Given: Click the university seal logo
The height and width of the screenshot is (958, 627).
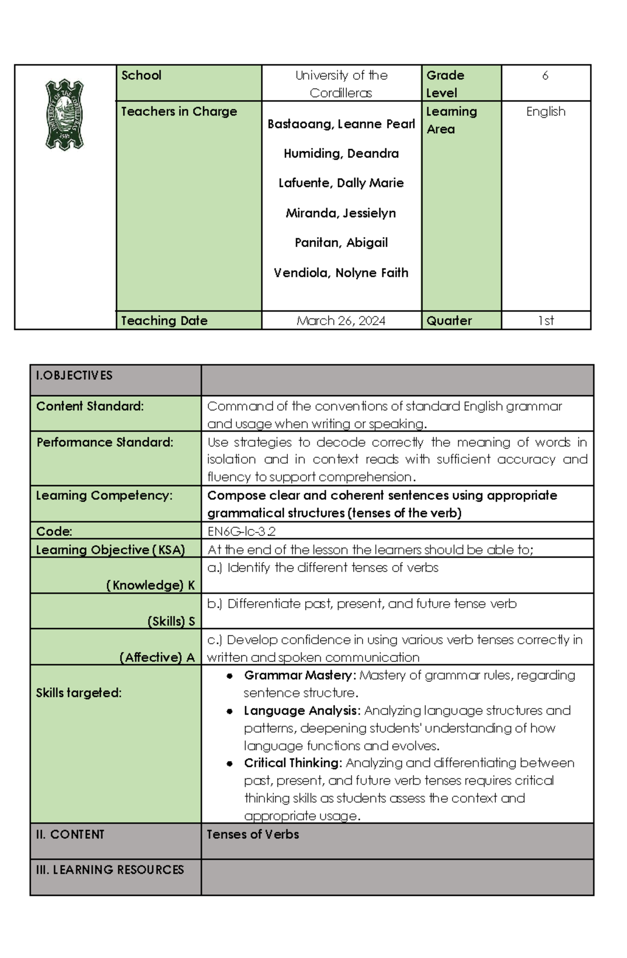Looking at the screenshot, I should pos(64,114).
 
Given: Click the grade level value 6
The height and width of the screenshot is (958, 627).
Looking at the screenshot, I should pos(545,76).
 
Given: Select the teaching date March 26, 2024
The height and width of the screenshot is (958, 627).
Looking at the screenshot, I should pos(341,321).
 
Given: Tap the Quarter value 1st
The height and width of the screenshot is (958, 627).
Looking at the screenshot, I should pos(545,321).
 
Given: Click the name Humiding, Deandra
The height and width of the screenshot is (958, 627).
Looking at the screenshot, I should pos(341,153).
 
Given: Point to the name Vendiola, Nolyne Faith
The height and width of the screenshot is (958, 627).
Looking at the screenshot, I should pos(341,273).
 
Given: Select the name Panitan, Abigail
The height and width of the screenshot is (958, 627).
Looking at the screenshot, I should pos(341,243).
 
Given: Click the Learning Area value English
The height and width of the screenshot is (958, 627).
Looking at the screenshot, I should pos(545,112).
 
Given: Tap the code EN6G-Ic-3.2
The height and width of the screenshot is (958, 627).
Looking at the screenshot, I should pos(241,531).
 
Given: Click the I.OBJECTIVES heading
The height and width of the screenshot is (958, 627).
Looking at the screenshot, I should pos(74,375).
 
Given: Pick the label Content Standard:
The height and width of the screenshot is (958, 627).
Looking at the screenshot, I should pos(89,406).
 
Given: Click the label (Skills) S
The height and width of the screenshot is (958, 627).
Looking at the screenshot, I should pos(171,621).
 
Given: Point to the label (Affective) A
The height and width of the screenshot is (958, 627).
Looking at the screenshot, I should pos(157,657).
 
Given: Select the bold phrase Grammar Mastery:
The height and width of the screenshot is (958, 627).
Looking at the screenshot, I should pos(300,676).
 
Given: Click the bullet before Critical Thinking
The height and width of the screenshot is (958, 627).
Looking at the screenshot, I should pos(229,763).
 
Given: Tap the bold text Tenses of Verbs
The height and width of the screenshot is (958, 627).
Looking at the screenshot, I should pos(253,834).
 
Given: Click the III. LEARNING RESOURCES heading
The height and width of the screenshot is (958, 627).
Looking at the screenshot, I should pos(110,870).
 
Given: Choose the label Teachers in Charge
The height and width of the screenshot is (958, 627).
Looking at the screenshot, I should pos(179,112).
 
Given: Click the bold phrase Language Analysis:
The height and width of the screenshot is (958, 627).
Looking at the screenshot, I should pos(302,711).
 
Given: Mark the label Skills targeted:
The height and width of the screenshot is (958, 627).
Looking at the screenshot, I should pos(78,693).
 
